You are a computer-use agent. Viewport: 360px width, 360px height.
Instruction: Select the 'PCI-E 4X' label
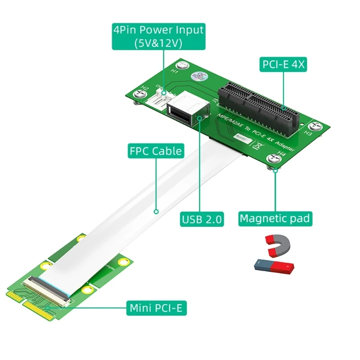[283, 64]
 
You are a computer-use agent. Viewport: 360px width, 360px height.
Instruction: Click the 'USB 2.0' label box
[202, 220]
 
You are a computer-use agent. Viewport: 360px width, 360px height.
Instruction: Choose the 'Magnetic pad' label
[274, 219]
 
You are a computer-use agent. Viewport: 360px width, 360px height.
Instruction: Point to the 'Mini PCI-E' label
[157, 308]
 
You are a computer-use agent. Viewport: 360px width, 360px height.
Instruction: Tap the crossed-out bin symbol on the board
[255, 145]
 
